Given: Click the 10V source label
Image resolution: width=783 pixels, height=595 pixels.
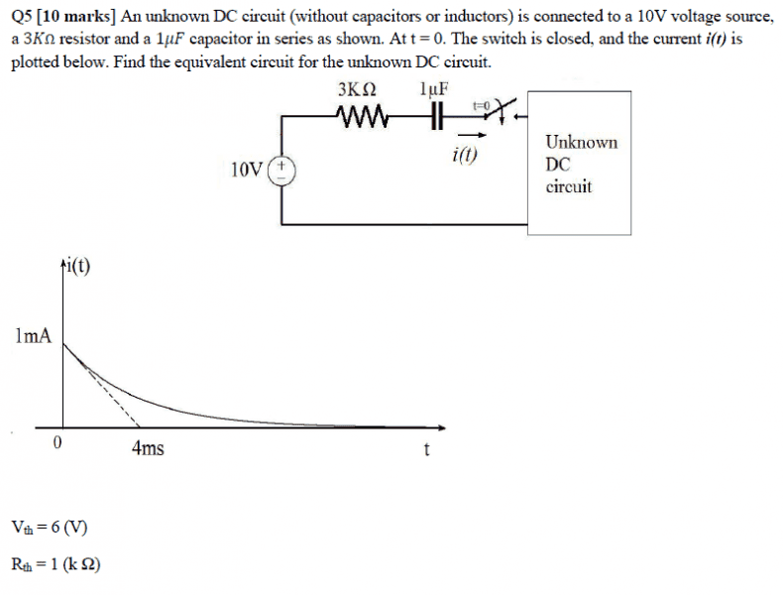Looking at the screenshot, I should tap(247, 170).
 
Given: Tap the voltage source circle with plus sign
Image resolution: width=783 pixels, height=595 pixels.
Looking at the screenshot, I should tap(284, 168).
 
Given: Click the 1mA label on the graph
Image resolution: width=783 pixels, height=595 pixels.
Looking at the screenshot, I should tap(33, 336).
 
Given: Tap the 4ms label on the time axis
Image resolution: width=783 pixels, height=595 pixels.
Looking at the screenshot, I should tap(148, 449).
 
